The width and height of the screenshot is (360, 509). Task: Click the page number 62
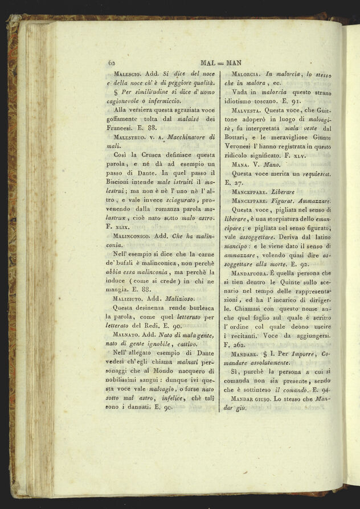click(x=111, y=63)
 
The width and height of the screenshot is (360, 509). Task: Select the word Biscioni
click(x=125, y=181)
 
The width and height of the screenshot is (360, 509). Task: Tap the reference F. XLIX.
click(x=120, y=226)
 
